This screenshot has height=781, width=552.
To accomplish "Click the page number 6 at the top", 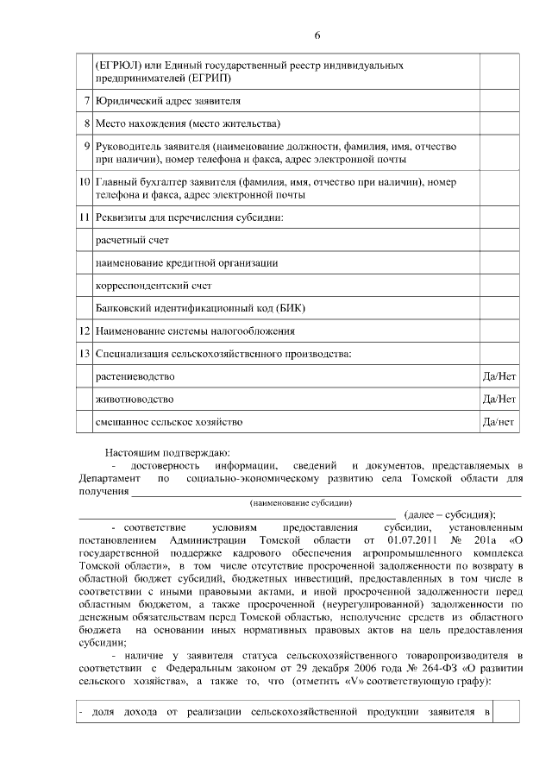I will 317,35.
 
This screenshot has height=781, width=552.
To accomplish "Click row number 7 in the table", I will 87,101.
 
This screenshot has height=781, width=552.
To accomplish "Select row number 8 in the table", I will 87,123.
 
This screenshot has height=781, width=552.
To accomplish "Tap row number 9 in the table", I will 87,146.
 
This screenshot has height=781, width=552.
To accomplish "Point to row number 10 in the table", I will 85,183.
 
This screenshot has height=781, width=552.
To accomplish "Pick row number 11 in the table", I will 85,217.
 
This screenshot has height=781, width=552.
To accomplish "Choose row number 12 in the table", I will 85,331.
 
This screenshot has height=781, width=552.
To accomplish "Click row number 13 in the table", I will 85,354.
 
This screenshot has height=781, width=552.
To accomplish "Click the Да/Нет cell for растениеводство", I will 499,377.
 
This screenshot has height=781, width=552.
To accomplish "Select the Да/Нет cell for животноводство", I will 499,400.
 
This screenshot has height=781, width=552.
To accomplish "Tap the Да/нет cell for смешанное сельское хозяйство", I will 499,422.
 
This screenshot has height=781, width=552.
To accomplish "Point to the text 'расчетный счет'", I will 132,240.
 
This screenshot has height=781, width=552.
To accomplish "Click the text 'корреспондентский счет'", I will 153,286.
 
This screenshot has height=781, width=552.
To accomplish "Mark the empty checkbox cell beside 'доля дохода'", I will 506,711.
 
